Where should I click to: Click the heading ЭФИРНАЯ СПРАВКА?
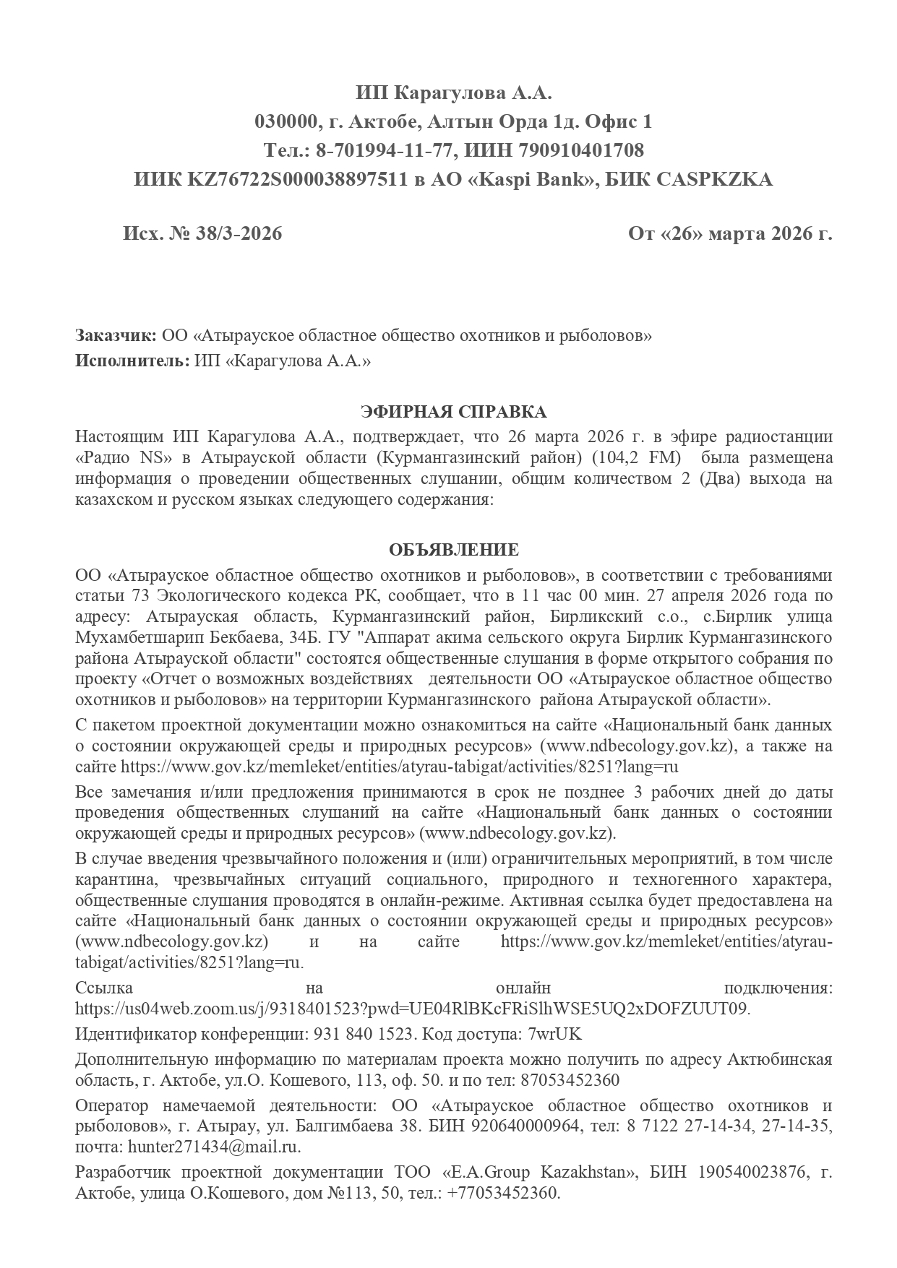click(x=453, y=412)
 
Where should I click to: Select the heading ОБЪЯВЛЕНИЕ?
click(x=453, y=550)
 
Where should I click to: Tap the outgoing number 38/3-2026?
click(x=238, y=234)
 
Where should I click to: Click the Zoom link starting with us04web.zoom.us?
click(x=412, y=1008)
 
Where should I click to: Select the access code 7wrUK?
click(x=555, y=1034)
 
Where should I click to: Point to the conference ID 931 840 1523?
click(x=364, y=1034)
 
